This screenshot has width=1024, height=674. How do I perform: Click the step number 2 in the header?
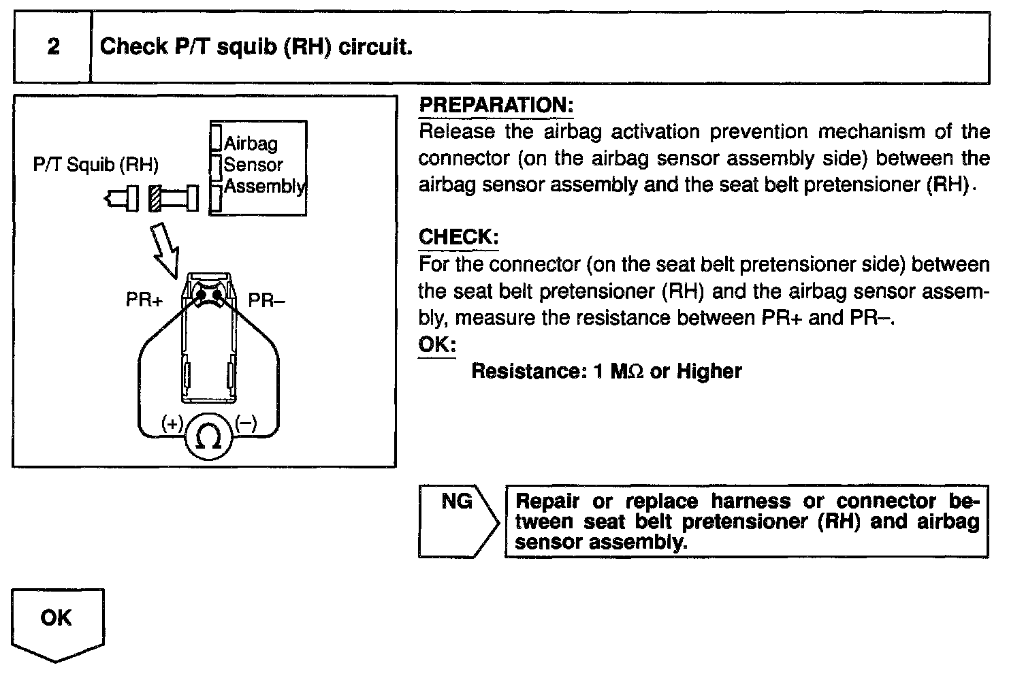coord(52,47)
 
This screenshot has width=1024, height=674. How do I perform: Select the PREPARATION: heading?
coord(496,106)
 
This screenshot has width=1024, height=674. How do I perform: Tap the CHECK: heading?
coord(458,238)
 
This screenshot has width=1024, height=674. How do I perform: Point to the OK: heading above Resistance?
coord(436,344)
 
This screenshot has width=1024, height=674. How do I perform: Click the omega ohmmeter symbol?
coord(208,437)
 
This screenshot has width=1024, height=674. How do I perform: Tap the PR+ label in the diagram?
coord(144,300)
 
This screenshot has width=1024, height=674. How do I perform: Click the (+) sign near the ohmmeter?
coord(172,423)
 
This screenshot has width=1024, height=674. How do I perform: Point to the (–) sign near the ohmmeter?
coord(246,423)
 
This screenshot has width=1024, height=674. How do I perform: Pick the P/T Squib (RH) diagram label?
coord(95,165)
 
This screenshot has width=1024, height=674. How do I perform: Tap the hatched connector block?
coord(155,198)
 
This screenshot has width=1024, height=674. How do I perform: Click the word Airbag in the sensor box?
coord(251,144)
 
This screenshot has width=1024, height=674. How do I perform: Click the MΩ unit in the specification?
coord(627,371)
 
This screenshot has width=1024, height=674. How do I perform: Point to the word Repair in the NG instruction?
coord(547,502)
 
